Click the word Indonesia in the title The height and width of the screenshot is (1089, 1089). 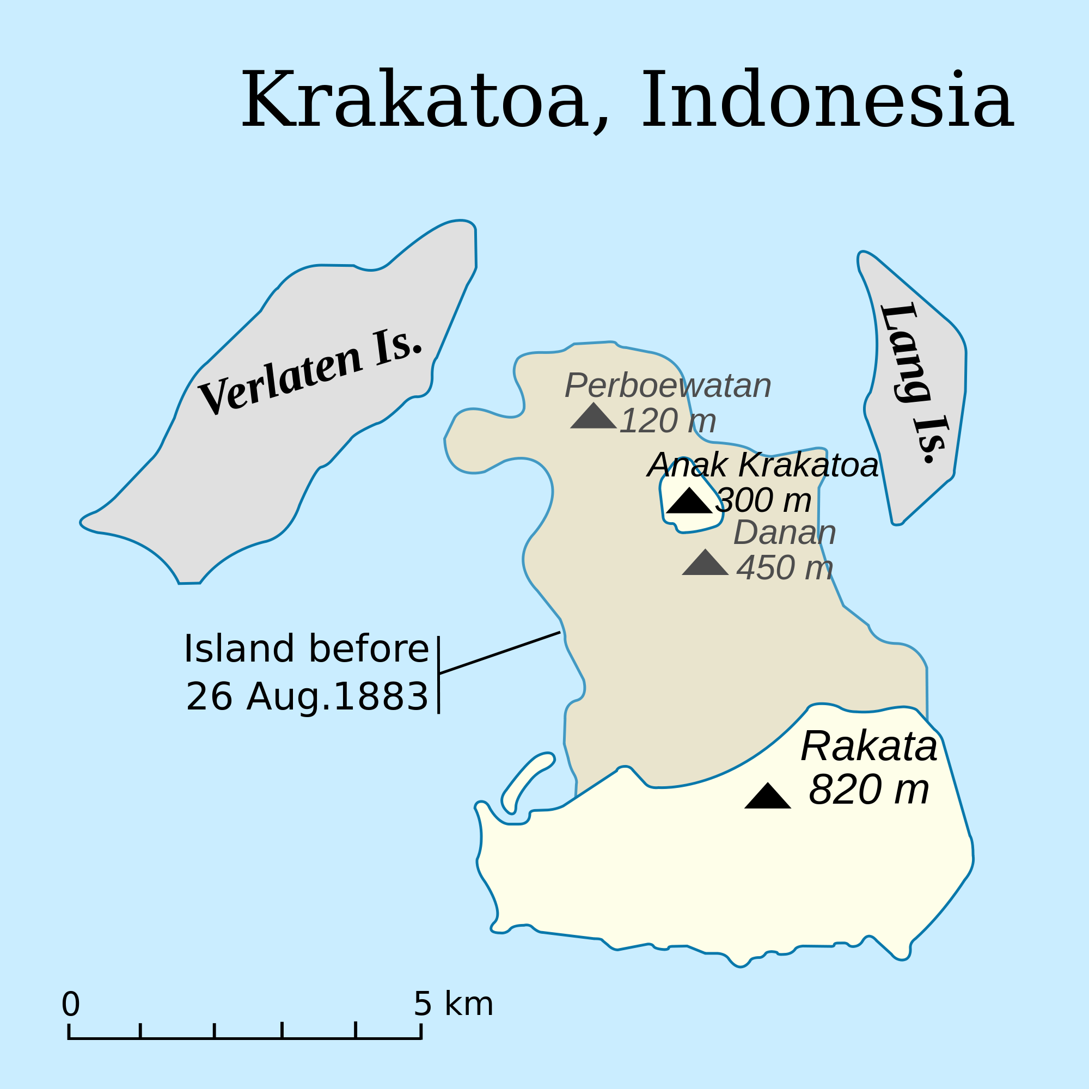[x=827, y=100]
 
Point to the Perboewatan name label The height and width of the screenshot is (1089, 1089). [x=668, y=386]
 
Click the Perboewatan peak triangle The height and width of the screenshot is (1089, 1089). [x=593, y=418]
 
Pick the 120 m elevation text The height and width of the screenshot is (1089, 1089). [x=668, y=421]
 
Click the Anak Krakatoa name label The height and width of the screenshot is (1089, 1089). [x=763, y=465]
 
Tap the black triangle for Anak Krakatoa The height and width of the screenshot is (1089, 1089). [x=689, y=501]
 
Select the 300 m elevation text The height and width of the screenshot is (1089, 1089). [x=763, y=500]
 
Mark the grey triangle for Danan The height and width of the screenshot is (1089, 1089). [x=705, y=564]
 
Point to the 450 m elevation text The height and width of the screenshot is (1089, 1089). [x=785, y=567]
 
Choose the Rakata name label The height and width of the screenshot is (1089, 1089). [x=869, y=747]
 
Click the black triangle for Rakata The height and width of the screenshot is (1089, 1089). [x=768, y=797]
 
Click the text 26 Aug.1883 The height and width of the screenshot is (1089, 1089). [x=307, y=698]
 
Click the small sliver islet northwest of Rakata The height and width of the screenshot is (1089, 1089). [x=524, y=782]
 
